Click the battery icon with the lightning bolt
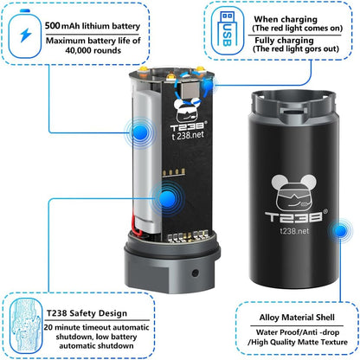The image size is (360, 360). pyautogui.click(x=25, y=34)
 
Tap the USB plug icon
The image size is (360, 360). pyautogui.click(x=227, y=30)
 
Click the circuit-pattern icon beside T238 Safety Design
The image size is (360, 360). pyautogui.click(x=25, y=325)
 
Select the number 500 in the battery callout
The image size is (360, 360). pyautogui.click(x=52, y=26)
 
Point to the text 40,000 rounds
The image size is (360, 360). pyautogui.click(x=93, y=50)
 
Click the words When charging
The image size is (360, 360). pyautogui.click(x=286, y=20)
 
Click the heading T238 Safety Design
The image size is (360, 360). pyautogui.click(x=87, y=313)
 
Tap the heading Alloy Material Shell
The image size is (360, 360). pyautogui.click(x=297, y=318)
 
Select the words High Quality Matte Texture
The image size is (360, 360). pyautogui.click(x=299, y=342)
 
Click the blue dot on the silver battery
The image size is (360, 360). pyautogui.click(x=140, y=132)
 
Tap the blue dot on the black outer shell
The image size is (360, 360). pyautogui.click(x=340, y=230)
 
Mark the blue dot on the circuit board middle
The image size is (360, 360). pyautogui.click(x=167, y=198)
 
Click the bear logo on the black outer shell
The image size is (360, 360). pyautogui.click(x=294, y=192)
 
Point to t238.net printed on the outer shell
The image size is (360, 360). pyautogui.click(x=294, y=231)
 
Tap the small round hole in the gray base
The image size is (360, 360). pyautogui.click(x=196, y=273)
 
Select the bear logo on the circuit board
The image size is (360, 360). pyautogui.click(x=188, y=110)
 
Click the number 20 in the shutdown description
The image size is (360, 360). pyautogui.click(x=48, y=328)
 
